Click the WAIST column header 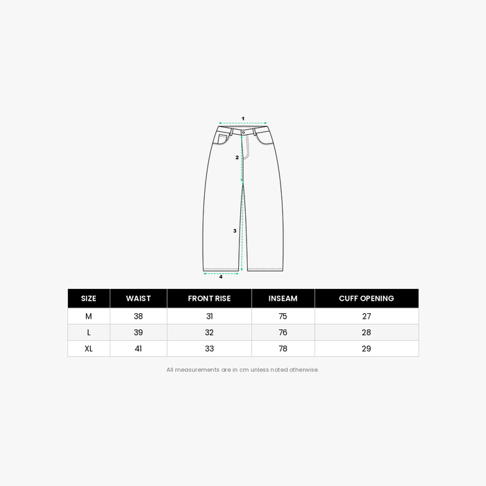(x=138, y=299)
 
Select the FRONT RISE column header (x=209, y=299)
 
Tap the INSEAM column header (x=283, y=299)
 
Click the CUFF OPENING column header (x=367, y=299)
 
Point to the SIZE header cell (x=89, y=299)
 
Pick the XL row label (x=89, y=349)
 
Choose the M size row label (x=89, y=316)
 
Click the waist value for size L (x=138, y=333)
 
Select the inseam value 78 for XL (x=283, y=349)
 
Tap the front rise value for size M (x=210, y=316)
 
